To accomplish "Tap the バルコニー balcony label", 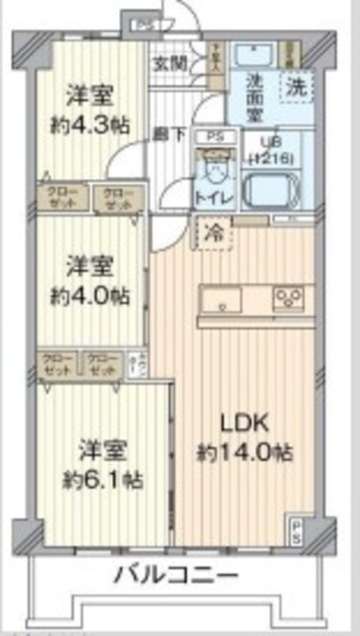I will click(x=174, y=574).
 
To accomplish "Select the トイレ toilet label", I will click(x=214, y=198).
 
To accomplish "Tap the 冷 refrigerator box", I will click(x=214, y=235).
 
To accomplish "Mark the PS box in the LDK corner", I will click(x=297, y=526).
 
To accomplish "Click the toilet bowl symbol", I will click(x=211, y=165).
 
